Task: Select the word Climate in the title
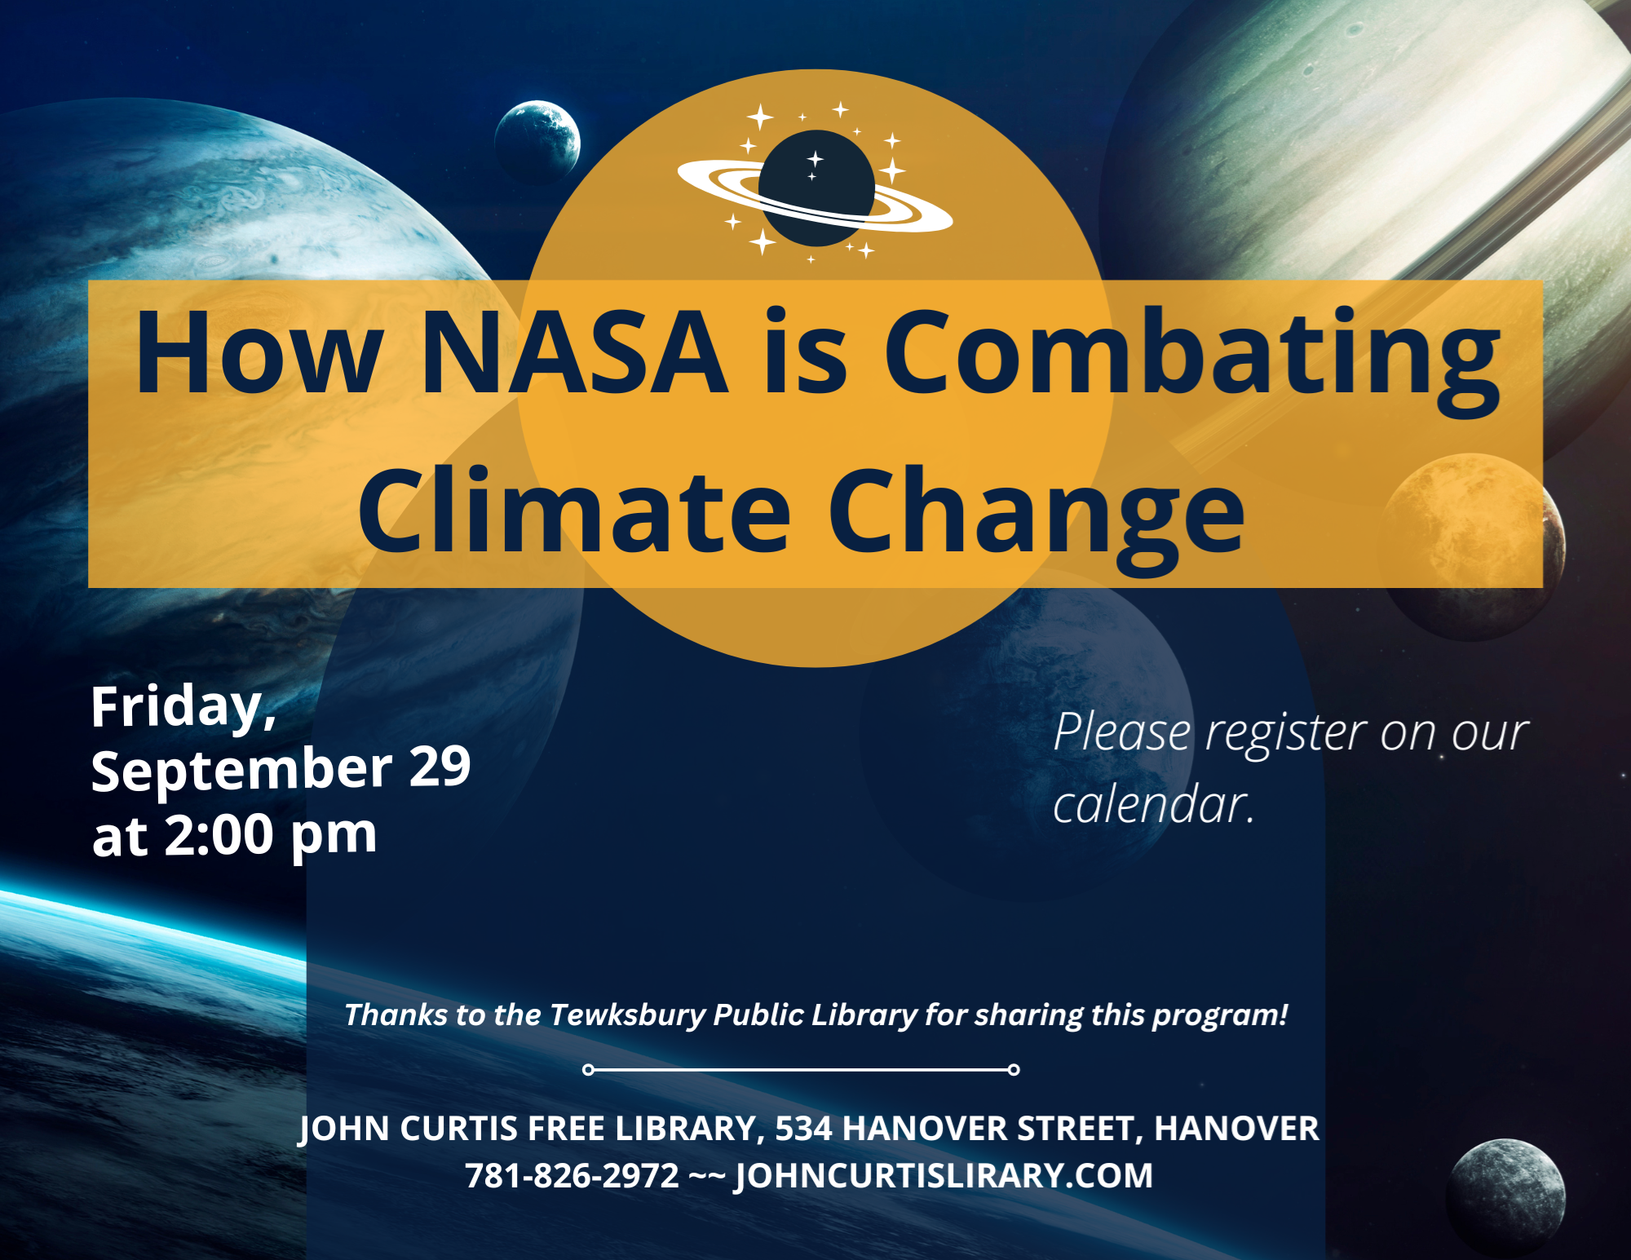[x=575, y=510]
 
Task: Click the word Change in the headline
[x=1037, y=518]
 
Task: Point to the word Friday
[x=183, y=708]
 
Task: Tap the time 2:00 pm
[x=271, y=836]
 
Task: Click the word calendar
[x=1153, y=804]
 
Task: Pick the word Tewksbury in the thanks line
[x=627, y=1015]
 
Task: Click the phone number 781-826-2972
[x=572, y=1175]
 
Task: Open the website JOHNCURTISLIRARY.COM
[x=944, y=1176]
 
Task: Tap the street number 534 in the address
[x=804, y=1129]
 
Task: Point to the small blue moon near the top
[x=537, y=141]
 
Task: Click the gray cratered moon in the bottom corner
[x=1507, y=1196]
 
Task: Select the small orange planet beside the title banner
[x=1473, y=546]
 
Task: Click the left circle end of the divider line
[x=588, y=1069]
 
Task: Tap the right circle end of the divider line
[x=1014, y=1069]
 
